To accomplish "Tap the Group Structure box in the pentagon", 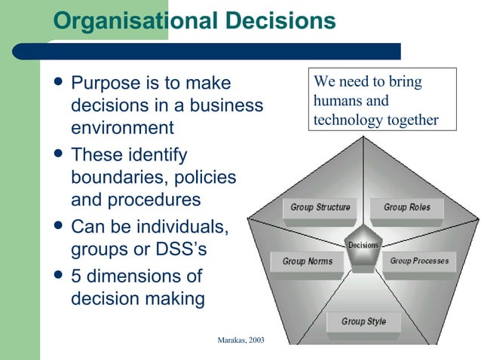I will click(320, 207).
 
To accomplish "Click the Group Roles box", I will click(406, 207).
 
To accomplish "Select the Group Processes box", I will click(419, 261).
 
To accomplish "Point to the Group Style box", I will click(363, 322).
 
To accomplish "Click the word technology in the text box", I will click(345, 120).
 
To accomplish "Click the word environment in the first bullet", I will click(122, 127).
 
